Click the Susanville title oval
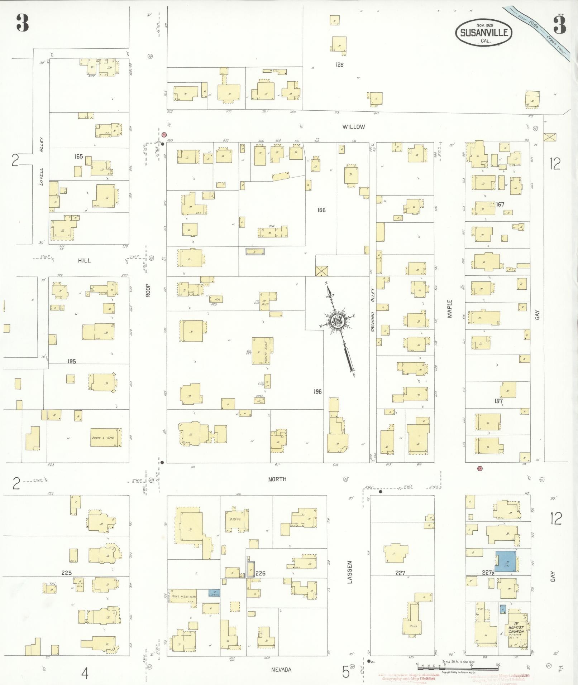(x=483, y=33)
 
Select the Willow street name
(x=353, y=127)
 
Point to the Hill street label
(x=84, y=260)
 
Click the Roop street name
(x=148, y=290)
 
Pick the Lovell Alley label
(x=42, y=161)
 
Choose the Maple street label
(x=449, y=308)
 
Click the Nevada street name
(x=281, y=670)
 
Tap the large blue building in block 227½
(x=507, y=566)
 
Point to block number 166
(x=321, y=210)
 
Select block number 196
(x=317, y=391)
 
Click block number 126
(x=339, y=65)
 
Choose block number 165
(x=78, y=156)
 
